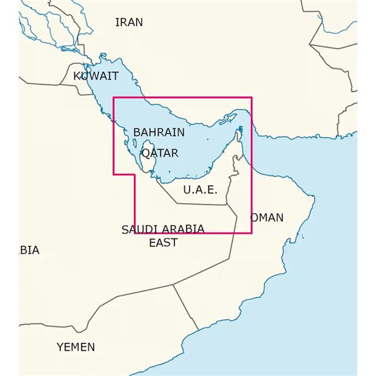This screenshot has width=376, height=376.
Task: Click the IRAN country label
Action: (129, 23)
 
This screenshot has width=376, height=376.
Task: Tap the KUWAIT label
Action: (96, 76)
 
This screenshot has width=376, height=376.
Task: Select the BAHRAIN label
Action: (159, 133)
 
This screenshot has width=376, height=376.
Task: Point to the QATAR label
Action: (160, 153)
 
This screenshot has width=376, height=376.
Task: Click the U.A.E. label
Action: (199, 189)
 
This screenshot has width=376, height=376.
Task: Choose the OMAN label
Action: (267, 218)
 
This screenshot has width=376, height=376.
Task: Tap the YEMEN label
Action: (76, 347)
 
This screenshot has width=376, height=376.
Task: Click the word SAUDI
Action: (138, 229)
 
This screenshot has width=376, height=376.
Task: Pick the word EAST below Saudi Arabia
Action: (163, 243)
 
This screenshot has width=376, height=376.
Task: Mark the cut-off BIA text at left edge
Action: (29, 250)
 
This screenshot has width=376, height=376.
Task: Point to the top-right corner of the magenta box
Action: (251, 98)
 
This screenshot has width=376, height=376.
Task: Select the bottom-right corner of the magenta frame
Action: (251, 233)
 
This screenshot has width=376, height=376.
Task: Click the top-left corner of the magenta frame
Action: (113, 98)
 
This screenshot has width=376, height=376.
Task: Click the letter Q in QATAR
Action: (146, 153)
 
